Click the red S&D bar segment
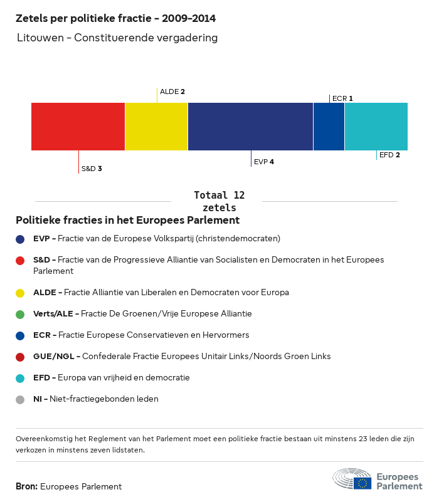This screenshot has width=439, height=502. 78,127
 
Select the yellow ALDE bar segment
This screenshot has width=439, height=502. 156,127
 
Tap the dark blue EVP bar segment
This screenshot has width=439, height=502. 250,127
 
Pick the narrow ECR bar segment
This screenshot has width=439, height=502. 329,127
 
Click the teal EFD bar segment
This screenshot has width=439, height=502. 376,127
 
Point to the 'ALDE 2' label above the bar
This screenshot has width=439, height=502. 172,92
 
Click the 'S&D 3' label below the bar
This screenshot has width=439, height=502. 92,169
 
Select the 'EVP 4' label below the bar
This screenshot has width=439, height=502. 264,162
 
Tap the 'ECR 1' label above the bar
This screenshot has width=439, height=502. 342,98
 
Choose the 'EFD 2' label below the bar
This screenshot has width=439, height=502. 389,154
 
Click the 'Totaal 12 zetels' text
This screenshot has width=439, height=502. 219,201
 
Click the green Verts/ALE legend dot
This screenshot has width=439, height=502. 21,314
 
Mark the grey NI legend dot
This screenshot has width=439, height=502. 21,399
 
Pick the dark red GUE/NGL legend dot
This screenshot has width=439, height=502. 21,357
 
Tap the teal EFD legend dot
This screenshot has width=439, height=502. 21,378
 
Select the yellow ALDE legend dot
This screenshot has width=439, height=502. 21,293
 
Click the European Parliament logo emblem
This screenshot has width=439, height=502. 352,479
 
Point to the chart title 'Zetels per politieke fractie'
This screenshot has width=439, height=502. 120,19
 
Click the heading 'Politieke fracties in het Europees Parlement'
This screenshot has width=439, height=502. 127,221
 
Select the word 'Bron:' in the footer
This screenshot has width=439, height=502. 26,486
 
